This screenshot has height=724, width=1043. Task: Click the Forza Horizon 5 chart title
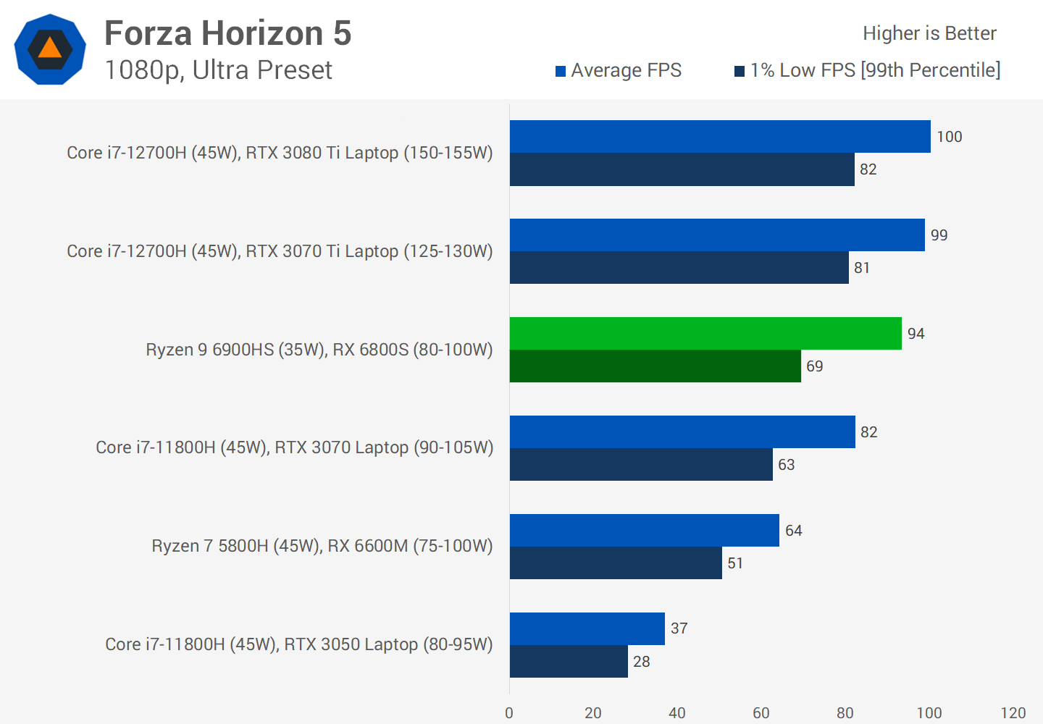227,33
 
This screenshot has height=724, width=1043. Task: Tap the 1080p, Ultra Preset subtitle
218,70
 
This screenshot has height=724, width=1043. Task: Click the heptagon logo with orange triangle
50,49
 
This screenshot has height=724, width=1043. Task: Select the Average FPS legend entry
619,70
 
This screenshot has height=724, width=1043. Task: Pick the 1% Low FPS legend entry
868,70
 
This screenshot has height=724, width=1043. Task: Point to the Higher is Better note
929,33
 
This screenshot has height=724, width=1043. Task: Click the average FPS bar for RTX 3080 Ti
720,136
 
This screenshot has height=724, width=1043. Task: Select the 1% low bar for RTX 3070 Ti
679,267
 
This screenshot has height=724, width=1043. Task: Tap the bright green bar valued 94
705,333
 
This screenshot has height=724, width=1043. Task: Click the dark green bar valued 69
655,366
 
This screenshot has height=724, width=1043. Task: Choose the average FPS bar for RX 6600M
644,530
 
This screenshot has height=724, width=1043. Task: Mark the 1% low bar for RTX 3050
569,661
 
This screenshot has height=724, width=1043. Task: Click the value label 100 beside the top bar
949,137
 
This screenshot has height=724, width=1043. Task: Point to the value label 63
786,465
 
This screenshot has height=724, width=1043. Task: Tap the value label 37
679,628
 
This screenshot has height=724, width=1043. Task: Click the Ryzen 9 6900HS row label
319,350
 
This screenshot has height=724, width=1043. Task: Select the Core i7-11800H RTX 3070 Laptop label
294,447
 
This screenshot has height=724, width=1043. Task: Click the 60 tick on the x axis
761,713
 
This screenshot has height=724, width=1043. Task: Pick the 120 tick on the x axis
1013,713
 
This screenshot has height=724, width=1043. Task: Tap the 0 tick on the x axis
509,713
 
